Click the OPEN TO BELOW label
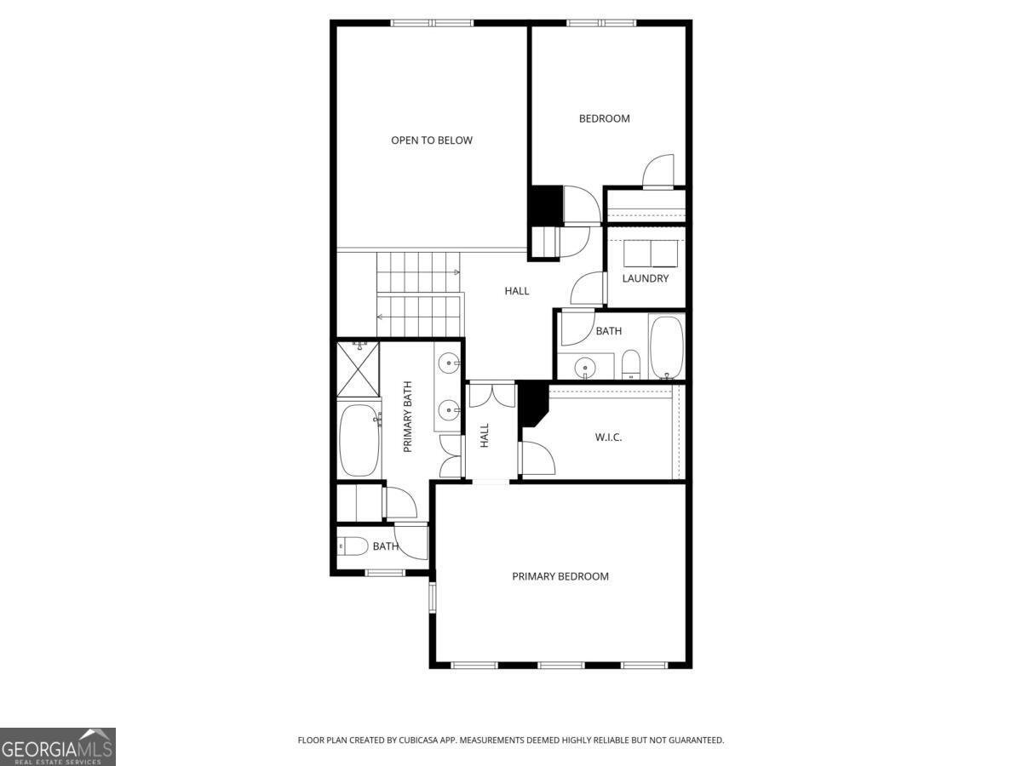click(x=432, y=140)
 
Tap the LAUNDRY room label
click(x=646, y=278)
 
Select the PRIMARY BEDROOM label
click(x=560, y=576)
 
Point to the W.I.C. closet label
click(x=608, y=437)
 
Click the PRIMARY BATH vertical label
click(x=407, y=417)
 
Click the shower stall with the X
click(x=358, y=369)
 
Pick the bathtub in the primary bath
click(x=359, y=440)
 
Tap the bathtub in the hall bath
click(x=667, y=347)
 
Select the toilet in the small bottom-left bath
click(x=353, y=546)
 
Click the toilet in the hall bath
click(x=631, y=364)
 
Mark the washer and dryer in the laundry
click(x=651, y=254)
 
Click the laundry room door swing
click(x=588, y=289)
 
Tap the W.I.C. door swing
click(x=537, y=458)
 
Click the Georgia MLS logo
click(x=58, y=746)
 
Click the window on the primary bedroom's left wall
click(x=432, y=597)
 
